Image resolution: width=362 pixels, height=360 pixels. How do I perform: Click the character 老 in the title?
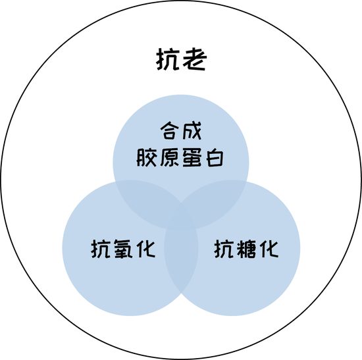pyautogui.click(x=194, y=59)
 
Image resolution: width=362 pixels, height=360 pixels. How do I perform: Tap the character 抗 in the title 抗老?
pyautogui.click(x=168, y=60)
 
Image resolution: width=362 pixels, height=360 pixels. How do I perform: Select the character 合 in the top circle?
pyautogui.click(x=170, y=131)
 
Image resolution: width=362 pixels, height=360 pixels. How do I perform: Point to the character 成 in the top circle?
pyautogui.click(x=192, y=131)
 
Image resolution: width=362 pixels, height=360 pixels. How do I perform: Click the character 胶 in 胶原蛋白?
pyautogui.click(x=147, y=157)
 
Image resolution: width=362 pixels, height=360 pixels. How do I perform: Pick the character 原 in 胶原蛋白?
pyautogui.click(x=169, y=157)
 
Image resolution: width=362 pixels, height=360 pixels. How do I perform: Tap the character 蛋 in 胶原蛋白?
pyautogui.click(x=192, y=157)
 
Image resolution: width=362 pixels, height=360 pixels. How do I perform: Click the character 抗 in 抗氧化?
pyautogui.click(x=101, y=249)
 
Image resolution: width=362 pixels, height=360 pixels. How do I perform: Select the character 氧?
pyautogui.click(x=123, y=249)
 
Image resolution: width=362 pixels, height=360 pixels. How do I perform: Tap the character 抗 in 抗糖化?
pyautogui.click(x=224, y=249)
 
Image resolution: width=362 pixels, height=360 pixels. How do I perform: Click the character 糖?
pyautogui.click(x=246, y=249)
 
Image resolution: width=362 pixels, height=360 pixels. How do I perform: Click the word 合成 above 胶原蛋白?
pyautogui.click(x=181, y=131)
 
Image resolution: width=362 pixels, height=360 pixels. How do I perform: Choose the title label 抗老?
pyautogui.click(x=182, y=59)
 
